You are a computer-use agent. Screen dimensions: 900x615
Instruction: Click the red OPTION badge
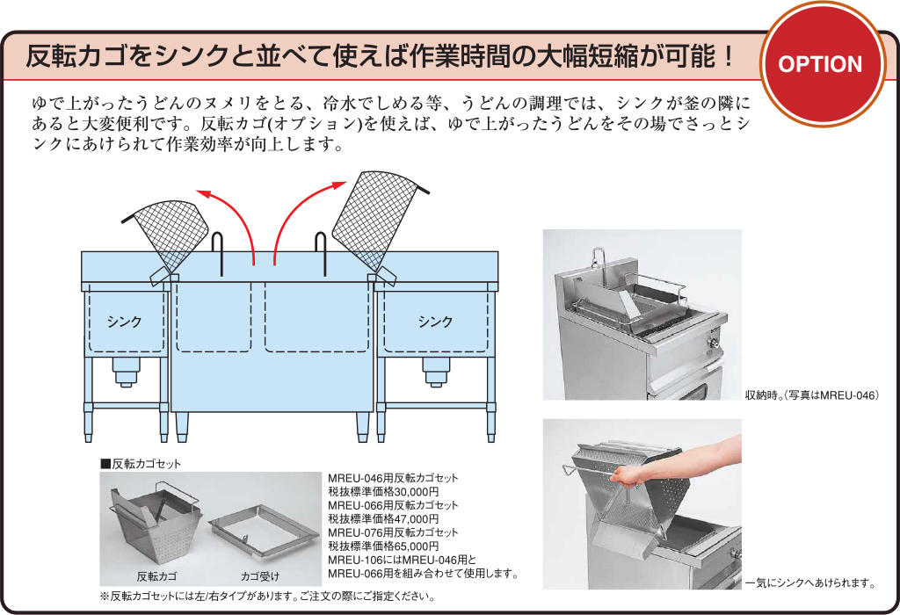[x=821, y=63]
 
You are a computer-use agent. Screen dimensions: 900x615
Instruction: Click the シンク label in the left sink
[x=125, y=322]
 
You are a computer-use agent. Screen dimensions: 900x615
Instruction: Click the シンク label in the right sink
[x=435, y=322]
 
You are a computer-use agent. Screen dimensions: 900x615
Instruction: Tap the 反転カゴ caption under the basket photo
[x=156, y=576]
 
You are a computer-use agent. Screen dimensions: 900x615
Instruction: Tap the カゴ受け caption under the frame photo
[x=260, y=576]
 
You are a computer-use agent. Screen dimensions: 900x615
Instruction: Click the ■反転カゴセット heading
[x=141, y=464]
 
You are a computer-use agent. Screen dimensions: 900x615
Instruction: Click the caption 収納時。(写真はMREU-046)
[x=812, y=395]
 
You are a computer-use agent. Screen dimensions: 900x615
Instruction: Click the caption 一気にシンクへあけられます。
[x=810, y=583]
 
